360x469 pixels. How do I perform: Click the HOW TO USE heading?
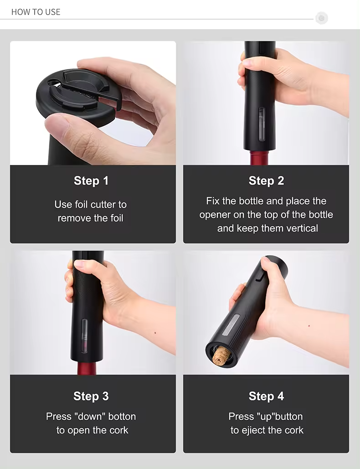click(36, 12)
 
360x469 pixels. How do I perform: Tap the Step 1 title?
click(91, 181)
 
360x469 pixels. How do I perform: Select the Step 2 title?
click(266, 181)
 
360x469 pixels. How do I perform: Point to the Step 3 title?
click(91, 397)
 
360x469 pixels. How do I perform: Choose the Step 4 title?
click(266, 397)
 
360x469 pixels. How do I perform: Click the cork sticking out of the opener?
click(221, 356)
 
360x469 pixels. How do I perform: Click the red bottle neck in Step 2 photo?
click(262, 158)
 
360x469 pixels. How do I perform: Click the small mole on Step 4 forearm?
click(309, 325)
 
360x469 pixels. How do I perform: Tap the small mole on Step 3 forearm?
click(155, 332)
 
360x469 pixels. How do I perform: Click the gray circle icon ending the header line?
click(321, 18)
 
